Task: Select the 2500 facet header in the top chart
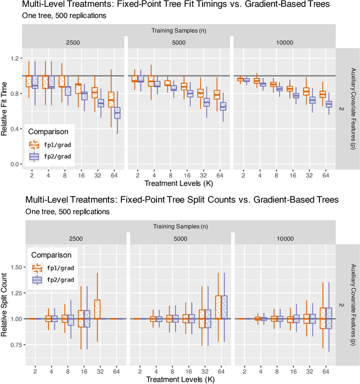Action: coord(72,42)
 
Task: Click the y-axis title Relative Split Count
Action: coord(5,305)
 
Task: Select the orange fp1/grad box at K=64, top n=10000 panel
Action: coord(322,94)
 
